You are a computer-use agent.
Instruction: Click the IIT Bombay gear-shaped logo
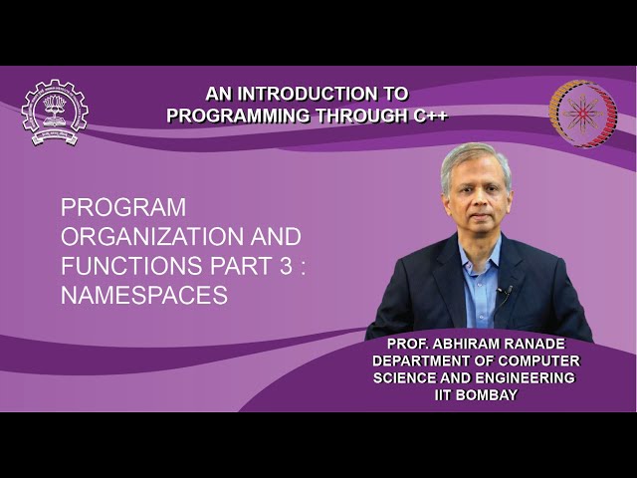(54, 112)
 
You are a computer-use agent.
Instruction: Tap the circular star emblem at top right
(583, 114)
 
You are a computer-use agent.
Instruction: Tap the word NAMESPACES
(144, 296)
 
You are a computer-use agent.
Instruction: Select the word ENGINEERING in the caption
(524, 378)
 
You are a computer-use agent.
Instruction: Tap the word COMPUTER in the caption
(543, 361)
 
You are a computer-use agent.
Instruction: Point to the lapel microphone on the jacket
(505, 291)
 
